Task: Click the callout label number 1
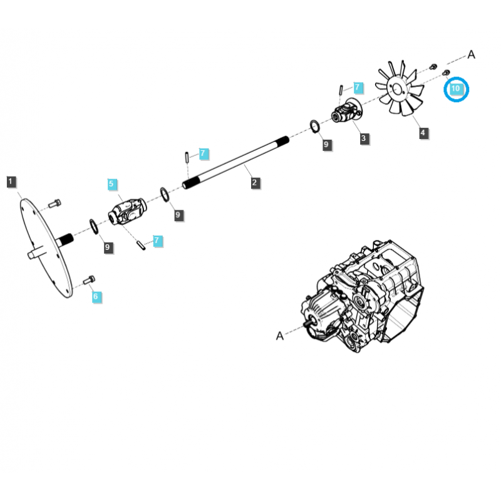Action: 11,182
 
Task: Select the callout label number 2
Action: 255,183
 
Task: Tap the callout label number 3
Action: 364,138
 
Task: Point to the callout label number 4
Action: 424,133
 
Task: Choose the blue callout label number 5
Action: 111,184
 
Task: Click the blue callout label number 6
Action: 96,297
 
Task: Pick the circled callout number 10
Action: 456,89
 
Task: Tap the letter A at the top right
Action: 471,54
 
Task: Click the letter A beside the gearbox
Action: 279,336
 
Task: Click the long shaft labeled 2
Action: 236,163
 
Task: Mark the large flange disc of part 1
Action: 46,248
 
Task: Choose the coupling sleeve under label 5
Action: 128,212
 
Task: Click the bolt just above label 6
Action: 89,280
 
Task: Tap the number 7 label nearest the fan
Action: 358,88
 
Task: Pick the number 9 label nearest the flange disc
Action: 108,247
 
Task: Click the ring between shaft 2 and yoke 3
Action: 315,127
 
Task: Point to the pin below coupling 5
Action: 141,245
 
